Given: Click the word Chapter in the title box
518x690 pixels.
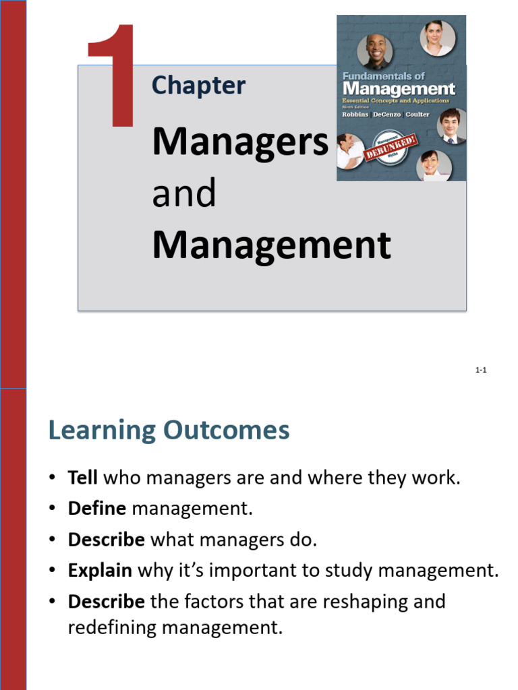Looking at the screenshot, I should tap(198, 86).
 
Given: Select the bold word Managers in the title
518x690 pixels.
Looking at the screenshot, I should tap(240, 142).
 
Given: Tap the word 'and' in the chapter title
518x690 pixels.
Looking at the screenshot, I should tap(184, 193).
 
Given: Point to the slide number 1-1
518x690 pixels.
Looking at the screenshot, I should tap(481, 370).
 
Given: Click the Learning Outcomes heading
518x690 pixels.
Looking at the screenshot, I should tap(169, 430).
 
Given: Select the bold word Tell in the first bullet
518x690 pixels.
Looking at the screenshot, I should tap(83, 478).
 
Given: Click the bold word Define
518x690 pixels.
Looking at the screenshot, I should tap(98, 509).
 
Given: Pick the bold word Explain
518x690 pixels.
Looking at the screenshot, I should tap(100, 571).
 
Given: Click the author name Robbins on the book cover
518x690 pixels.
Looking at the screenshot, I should tap(356, 115).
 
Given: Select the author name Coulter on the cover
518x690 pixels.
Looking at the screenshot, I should tap(418, 115).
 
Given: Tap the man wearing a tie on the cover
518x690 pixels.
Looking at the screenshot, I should tap(450, 126).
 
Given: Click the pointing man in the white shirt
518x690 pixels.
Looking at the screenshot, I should tap(350, 151).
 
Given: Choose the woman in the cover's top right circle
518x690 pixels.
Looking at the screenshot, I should tap(436, 38).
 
